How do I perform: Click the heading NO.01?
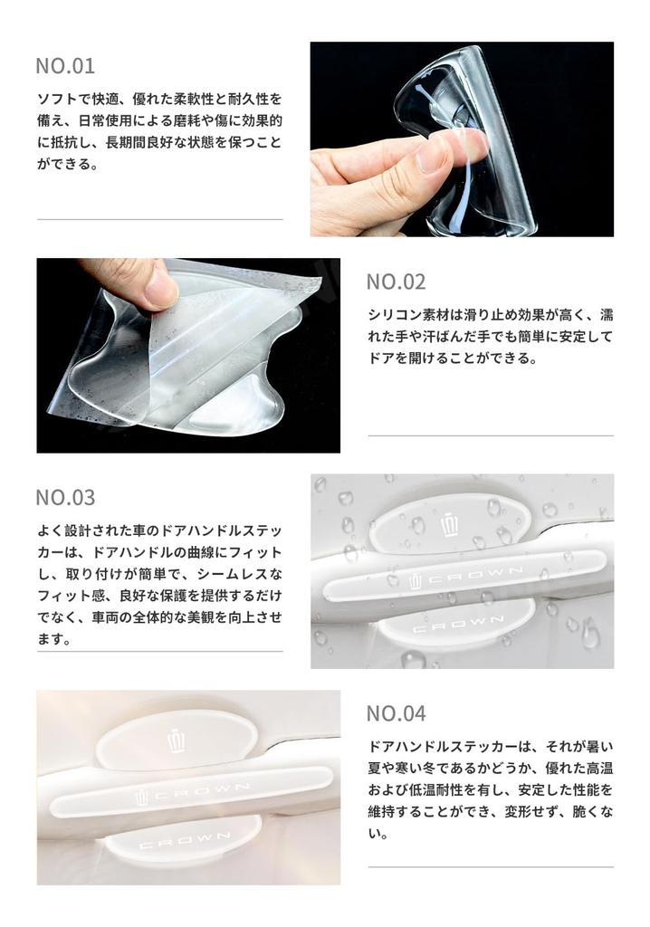[x=65, y=66]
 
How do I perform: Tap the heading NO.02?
[x=396, y=282]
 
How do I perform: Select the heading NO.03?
[x=65, y=497]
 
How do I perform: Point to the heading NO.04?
[x=396, y=713]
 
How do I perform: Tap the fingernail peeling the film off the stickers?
[x=159, y=291]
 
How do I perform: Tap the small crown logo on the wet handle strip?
[x=416, y=580]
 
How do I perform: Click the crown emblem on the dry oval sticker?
[x=177, y=741]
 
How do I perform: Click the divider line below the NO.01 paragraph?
[x=159, y=219]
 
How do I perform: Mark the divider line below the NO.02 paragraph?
[x=490, y=435]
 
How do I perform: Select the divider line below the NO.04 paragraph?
[x=490, y=867]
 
